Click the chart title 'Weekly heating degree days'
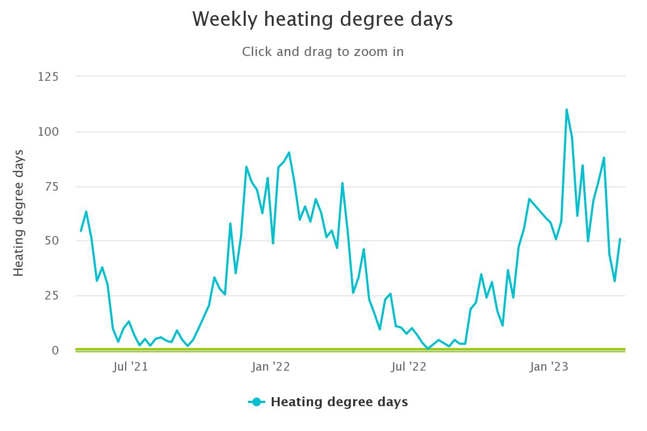point(322,19)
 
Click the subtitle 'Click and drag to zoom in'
point(322,52)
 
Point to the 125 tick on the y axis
point(48,77)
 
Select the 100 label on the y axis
point(48,132)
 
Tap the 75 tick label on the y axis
point(51,187)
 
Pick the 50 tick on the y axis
point(51,241)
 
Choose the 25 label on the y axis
point(51,296)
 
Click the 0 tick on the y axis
point(55,351)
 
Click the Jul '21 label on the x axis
point(130,367)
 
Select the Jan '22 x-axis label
point(270,367)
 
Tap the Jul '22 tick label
point(408,367)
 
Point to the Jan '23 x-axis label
point(548,367)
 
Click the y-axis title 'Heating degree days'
point(19,213)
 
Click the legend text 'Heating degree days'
point(339,402)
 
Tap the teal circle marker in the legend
point(257,402)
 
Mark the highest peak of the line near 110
point(567,110)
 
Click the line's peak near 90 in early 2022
point(289,152)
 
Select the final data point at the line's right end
point(620,239)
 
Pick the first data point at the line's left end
point(81,231)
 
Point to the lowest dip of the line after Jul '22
point(428,349)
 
